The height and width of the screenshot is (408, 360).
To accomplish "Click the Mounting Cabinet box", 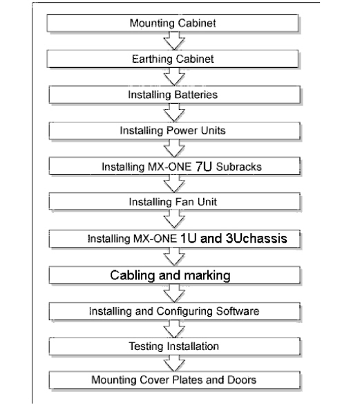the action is click(173, 23).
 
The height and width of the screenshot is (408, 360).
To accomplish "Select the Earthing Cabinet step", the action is click(173, 59).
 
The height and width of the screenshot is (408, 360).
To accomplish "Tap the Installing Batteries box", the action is click(174, 95).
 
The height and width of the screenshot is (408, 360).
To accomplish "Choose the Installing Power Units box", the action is click(174, 131).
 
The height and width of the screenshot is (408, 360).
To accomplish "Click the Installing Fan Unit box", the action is click(174, 202).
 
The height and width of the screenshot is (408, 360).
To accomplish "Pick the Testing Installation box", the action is click(174, 346).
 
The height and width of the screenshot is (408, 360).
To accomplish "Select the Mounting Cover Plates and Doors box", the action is click(174, 380).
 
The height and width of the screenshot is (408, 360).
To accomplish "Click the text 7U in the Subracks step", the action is click(204, 167).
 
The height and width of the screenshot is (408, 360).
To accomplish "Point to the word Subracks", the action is click(238, 167).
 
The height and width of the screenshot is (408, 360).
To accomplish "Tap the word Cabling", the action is click(133, 275).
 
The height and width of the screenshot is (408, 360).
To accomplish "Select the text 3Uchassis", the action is click(256, 239).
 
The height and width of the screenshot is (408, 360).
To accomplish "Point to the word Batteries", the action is click(196, 95).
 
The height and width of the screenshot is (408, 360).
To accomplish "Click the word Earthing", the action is click(150, 59).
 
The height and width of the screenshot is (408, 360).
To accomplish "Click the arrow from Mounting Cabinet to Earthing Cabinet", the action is click(174, 41).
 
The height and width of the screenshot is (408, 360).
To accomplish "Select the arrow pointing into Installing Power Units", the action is click(174, 113).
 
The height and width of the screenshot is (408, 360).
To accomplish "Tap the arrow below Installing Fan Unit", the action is click(174, 220).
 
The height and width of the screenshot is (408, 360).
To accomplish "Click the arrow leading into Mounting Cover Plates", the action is click(174, 364).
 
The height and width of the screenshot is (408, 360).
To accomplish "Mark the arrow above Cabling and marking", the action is click(174, 257).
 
